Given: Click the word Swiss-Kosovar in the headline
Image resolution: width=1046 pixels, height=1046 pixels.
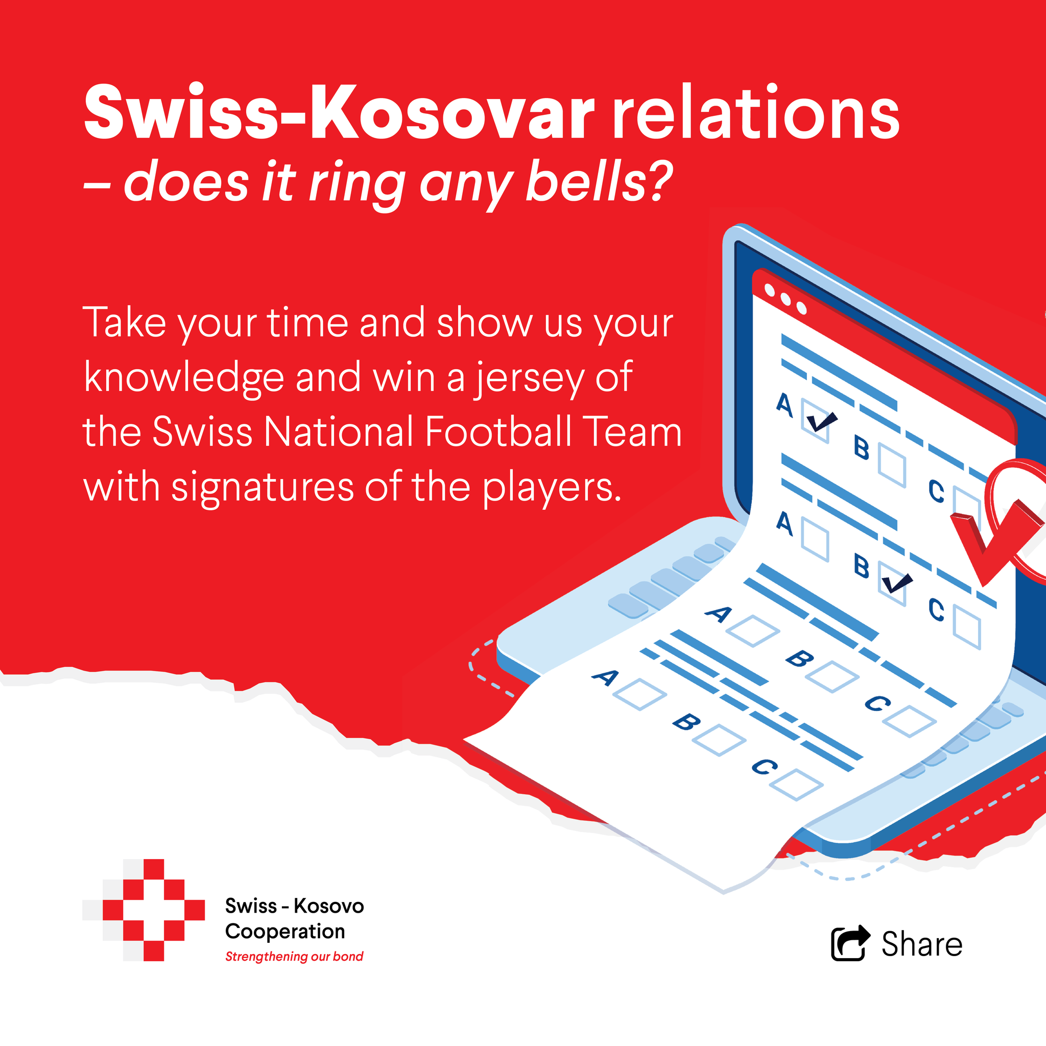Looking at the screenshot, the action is pos(340,112).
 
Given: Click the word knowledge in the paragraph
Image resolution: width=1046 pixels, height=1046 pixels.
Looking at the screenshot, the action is pos(184,378).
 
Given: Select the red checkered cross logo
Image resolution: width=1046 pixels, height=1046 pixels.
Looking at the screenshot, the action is pos(144,910).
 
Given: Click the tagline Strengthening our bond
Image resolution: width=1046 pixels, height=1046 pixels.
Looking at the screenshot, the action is pos(294,957).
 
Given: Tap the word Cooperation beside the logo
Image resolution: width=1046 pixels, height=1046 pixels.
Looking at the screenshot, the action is pos(286,931).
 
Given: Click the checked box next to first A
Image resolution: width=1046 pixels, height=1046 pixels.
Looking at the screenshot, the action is pos(815,422).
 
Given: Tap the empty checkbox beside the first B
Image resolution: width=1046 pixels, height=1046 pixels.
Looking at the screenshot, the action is pos(892,465).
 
